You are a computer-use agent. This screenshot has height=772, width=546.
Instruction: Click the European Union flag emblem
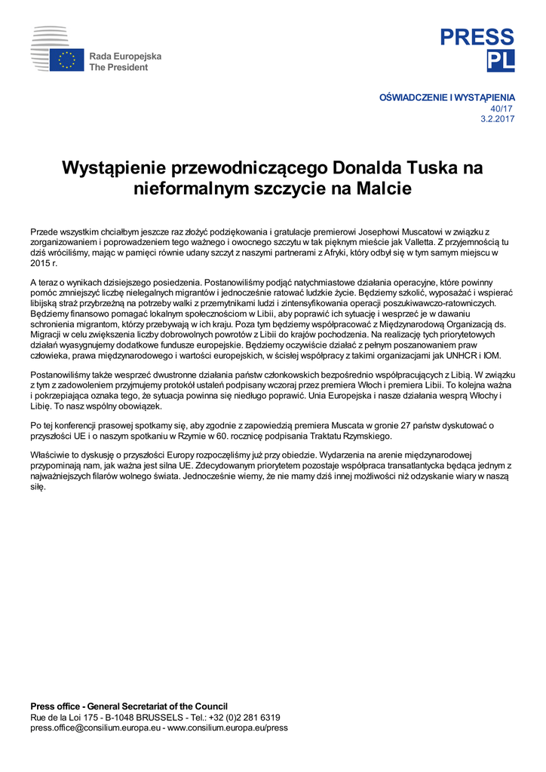coord(66,60)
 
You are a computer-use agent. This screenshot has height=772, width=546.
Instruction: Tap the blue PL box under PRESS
coord(500,61)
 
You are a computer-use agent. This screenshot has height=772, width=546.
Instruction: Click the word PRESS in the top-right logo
coord(477,37)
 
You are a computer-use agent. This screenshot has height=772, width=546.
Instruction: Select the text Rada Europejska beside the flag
coord(125,57)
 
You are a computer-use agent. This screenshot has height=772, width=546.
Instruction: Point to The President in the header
coord(118,67)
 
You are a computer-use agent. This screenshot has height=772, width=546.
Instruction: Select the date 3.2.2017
coord(498,119)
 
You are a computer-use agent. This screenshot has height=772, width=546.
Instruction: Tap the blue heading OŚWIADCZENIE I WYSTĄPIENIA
coord(446,97)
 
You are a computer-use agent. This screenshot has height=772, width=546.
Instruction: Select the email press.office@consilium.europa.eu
coord(95,728)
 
